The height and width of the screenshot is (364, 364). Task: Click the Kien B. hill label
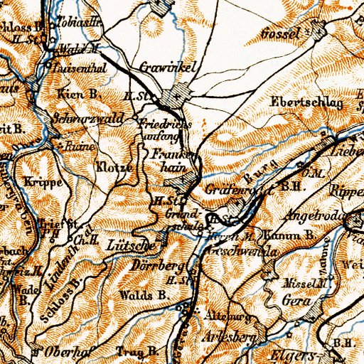(73, 94)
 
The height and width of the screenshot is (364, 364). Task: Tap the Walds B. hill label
(144, 294)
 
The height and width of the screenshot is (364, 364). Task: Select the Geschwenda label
(230, 252)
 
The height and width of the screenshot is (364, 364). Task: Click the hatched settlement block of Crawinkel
(175, 97)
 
